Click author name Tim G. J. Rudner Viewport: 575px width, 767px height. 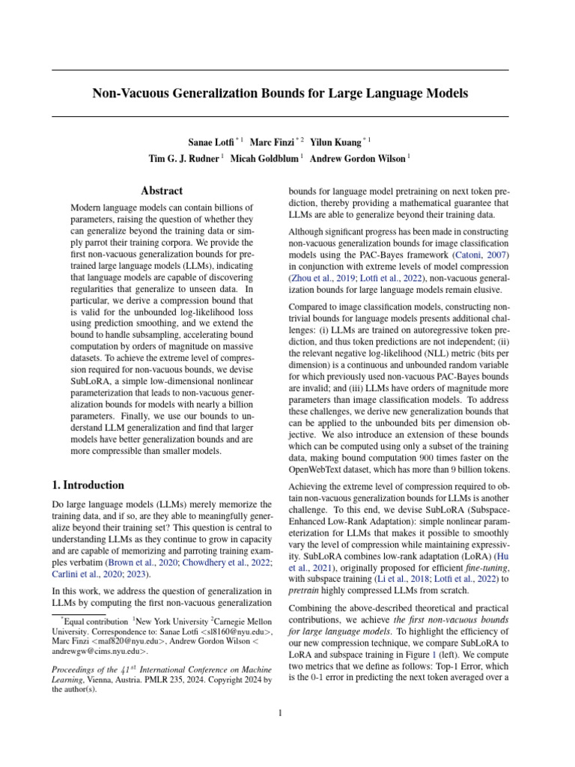point(184,158)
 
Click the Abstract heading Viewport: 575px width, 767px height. point(163,192)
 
